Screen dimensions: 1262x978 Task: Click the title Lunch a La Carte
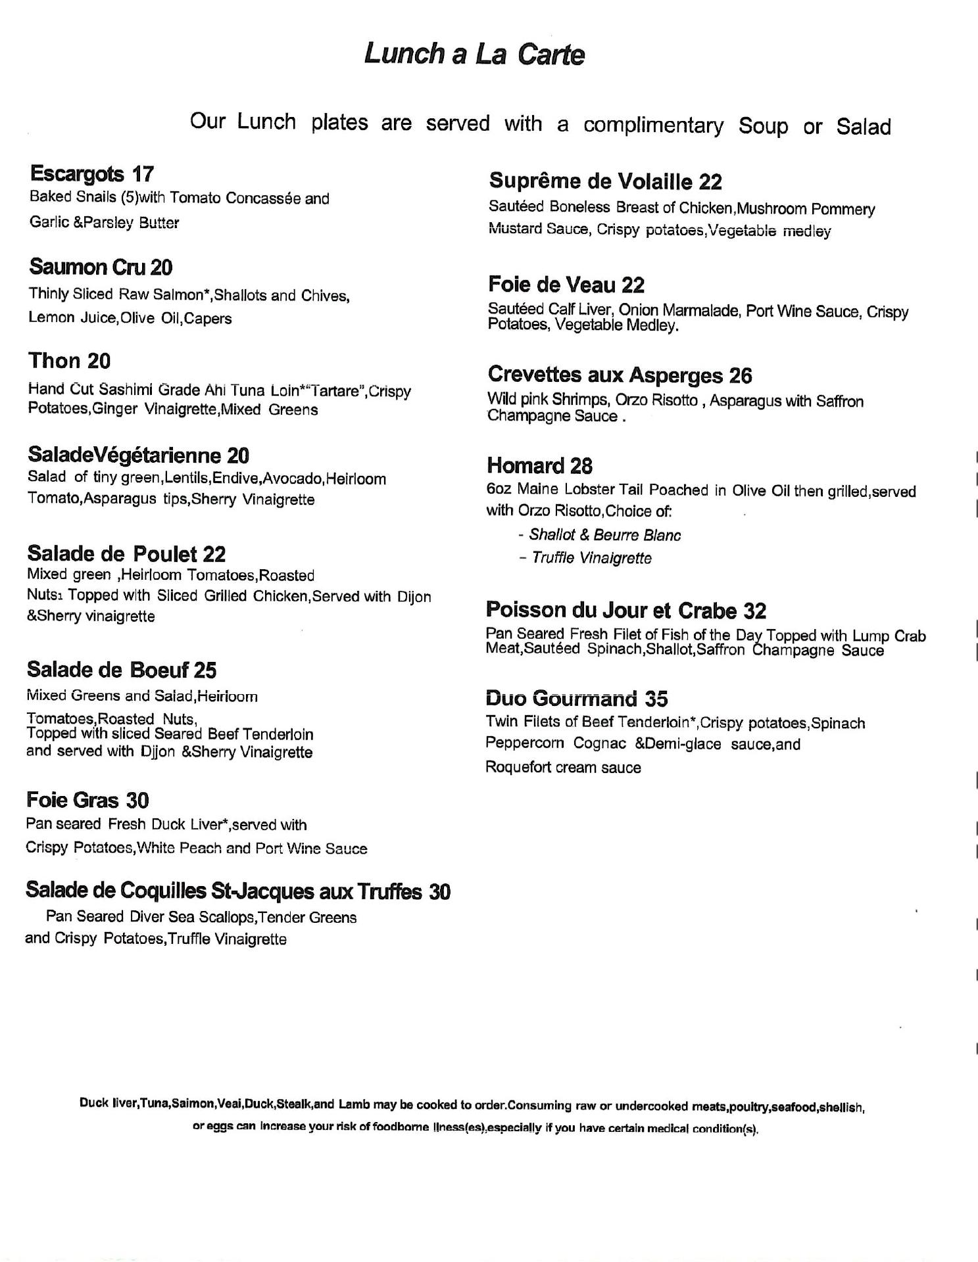pos(474,54)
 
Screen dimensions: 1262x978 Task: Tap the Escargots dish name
pos(76,174)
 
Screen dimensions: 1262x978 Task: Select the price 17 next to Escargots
pos(143,174)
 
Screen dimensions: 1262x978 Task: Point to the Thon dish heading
pos(54,361)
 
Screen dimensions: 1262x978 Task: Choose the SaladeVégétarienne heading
pos(124,455)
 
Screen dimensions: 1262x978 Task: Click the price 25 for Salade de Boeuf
pos(205,670)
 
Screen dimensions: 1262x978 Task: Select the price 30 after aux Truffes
pos(439,892)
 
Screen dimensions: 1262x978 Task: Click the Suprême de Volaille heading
pos(590,181)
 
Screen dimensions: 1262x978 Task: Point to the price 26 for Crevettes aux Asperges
pos(740,375)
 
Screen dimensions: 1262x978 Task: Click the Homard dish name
pos(524,466)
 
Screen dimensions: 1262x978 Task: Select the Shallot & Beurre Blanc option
pos(604,535)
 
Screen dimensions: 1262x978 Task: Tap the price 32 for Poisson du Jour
pos(754,611)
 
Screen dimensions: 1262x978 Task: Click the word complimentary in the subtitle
pos(653,125)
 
